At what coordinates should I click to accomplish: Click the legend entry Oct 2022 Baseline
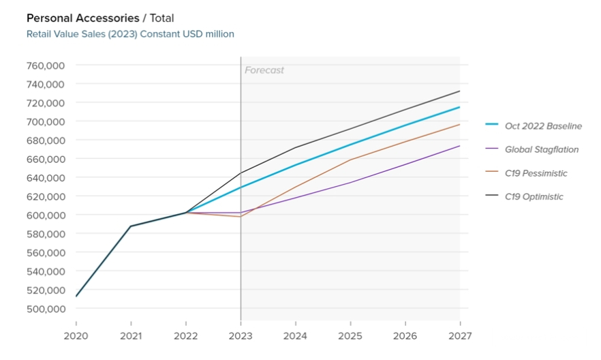pos(543,125)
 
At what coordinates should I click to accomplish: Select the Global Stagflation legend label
pos(541,149)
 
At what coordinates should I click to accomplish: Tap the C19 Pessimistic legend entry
pos(536,173)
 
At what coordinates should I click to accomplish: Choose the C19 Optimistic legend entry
pos(534,197)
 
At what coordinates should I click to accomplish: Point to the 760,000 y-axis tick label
pos(45,65)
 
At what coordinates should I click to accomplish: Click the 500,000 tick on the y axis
pos(45,308)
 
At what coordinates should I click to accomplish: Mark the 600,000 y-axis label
pos(45,215)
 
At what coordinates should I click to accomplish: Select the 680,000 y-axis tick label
pos(45,140)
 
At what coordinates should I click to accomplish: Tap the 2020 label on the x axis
pos(76,336)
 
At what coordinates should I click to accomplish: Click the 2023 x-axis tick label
pos(241,336)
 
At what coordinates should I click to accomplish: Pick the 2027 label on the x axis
pos(460,336)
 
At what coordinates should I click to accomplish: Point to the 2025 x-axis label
pos(350,336)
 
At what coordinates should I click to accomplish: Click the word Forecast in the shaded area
pos(264,70)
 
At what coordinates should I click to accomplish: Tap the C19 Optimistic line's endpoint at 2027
pos(460,91)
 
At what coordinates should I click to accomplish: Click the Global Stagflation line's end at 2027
pos(460,146)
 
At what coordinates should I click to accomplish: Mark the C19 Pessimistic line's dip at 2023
pos(241,217)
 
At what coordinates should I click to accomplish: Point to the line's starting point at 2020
pos(76,296)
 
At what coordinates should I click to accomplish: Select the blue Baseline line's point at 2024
pos(296,165)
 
